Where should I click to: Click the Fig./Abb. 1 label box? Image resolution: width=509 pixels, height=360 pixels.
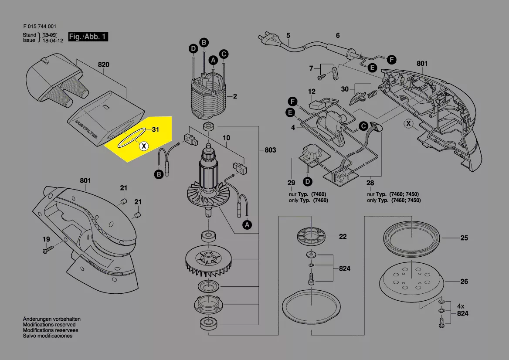(x=88, y=37)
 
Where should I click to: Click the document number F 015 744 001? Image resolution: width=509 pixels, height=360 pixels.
(x=39, y=26)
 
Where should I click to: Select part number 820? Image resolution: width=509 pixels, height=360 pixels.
(x=103, y=65)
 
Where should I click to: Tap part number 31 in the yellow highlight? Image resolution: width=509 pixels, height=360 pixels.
(x=156, y=130)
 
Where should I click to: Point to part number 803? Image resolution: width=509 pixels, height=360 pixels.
(x=270, y=150)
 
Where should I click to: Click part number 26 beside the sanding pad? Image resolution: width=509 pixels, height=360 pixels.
(x=464, y=282)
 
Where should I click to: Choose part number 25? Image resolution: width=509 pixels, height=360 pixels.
(x=464, y=238)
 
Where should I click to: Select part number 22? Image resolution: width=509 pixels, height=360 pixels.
(x=343, y=237)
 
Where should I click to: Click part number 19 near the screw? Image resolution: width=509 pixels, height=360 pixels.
(x=46, y=239)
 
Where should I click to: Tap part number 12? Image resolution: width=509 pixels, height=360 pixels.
(x=312, y=92)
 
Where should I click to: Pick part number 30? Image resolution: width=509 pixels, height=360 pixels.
(x=345, y=89)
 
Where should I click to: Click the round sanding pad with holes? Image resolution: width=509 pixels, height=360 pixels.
(x=412, y=279)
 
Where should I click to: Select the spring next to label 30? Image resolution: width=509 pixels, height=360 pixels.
(x=372, y=92)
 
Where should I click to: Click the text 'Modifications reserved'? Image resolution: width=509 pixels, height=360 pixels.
(x=49, y=325)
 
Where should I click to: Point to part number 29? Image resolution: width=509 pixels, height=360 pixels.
(x=291, y=183)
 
